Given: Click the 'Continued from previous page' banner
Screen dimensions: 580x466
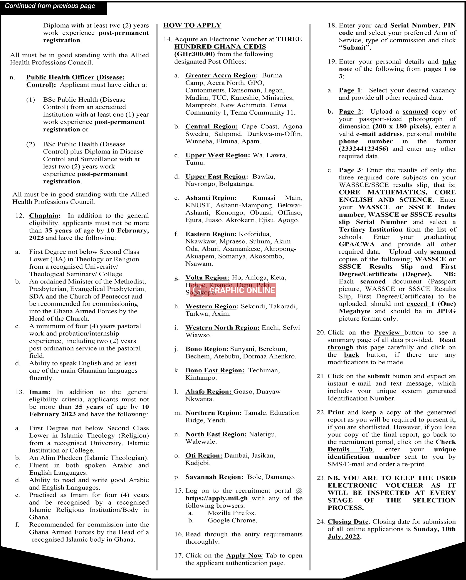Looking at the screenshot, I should tap(50, 6).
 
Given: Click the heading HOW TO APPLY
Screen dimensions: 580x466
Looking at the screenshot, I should tap(192, 25).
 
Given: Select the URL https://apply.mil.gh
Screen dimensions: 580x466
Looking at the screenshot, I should tap(216, 498).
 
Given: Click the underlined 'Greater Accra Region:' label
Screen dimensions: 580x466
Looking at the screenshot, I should tap(222, 75).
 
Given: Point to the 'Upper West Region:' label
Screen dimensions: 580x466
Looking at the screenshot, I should tap(217, 155).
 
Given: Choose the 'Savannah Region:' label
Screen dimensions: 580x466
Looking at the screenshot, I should tap(214, 477).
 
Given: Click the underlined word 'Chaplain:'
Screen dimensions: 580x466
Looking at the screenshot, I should tap(45, 216).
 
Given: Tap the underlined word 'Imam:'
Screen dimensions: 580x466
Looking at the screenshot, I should tap(40, 392).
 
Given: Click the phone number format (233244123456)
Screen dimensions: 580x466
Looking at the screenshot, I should tap(363, 149).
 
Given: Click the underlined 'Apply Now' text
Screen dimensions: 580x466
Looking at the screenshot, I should tap(244, 555).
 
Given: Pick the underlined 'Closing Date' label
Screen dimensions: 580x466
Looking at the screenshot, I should tap(348, 522).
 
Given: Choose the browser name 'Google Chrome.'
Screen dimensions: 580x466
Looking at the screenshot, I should tap(232, 520).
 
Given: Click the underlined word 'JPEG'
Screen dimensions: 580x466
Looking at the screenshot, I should tap(446, 311).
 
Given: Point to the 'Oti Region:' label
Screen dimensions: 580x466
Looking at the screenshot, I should tap(204, 455).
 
